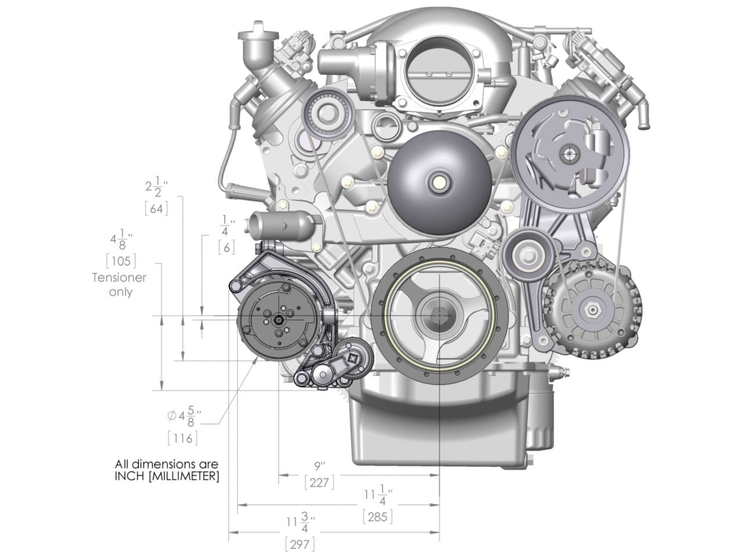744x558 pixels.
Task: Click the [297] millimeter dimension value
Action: (x=300, y=544)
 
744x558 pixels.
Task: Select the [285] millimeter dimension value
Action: (x=378, y=517)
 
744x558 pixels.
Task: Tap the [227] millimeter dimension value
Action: (x=319, y=482)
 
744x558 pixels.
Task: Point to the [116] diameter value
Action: (x=183, y=439)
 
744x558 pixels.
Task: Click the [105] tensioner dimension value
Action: (x=121, y=261)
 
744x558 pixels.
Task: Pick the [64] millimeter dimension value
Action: (x=156, y=209)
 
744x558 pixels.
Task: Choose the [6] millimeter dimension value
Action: (x=227, y=248)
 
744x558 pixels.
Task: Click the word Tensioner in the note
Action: (x=119, y=278)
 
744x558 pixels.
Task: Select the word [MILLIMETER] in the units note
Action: (x=184, y=476)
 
